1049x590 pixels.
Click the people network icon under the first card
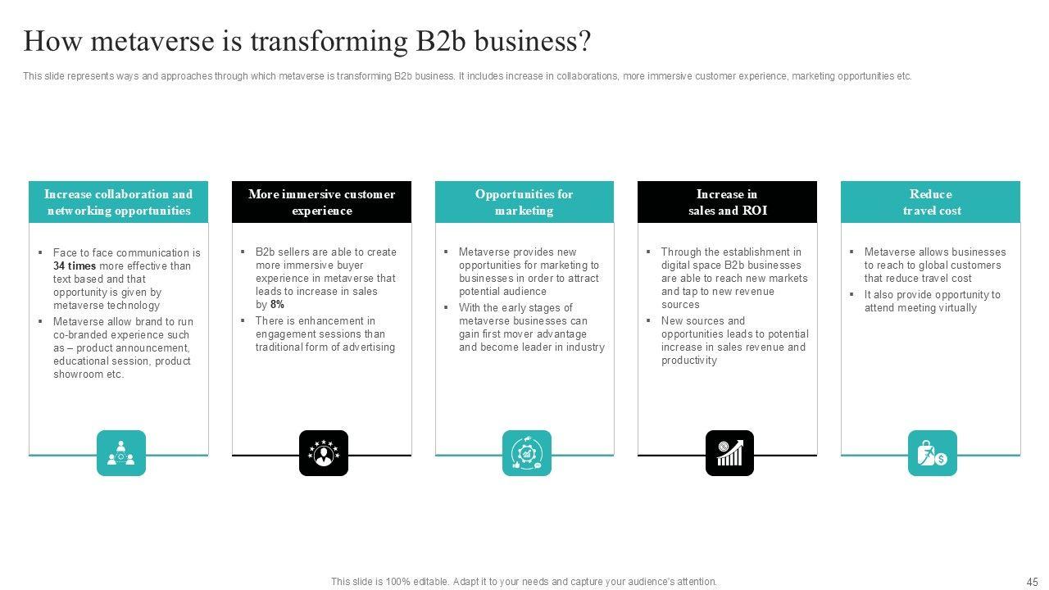tap(121, 453)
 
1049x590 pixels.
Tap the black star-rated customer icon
tap(324, 453)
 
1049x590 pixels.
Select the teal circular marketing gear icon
tap(526, 453)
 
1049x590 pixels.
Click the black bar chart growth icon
tap(729, 453)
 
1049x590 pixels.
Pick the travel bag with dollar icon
tap(932, 453)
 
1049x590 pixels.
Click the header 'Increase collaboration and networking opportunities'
tap(119, 202)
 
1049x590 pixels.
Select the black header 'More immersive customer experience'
tap(321, 202)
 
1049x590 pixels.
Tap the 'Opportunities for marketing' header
tap(524, 202)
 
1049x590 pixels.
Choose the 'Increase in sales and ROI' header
tap(727, 202)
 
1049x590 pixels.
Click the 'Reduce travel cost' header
tap(931, 202)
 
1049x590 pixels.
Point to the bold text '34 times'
tap(75, 266)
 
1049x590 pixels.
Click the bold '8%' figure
tap(277, 305)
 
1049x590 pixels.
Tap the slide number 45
tap(1032, 582)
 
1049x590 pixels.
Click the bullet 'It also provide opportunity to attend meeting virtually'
tap(932, 302)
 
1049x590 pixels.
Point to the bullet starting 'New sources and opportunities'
tap(734, 341)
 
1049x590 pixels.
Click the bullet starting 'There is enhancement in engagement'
tap(325, 334)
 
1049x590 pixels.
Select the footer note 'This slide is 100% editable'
tap(524, 582)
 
